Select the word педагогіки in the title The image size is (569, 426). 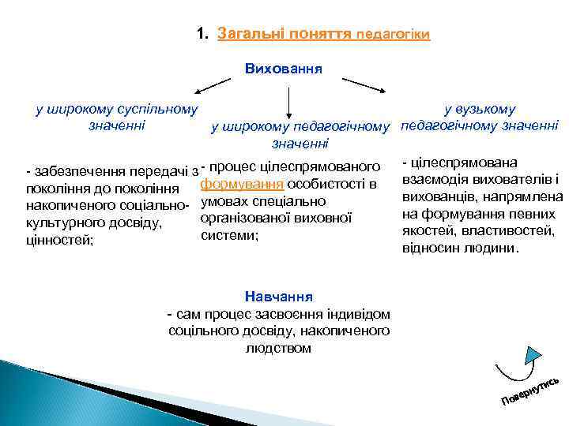point(393,35)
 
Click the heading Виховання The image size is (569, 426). point(284,69)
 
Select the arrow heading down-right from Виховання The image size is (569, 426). point(363,84)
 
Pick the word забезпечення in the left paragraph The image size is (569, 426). point(74,171)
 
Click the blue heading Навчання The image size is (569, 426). point(278,297)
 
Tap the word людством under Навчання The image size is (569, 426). point(278,348)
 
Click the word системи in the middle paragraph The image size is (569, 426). point(229,235)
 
